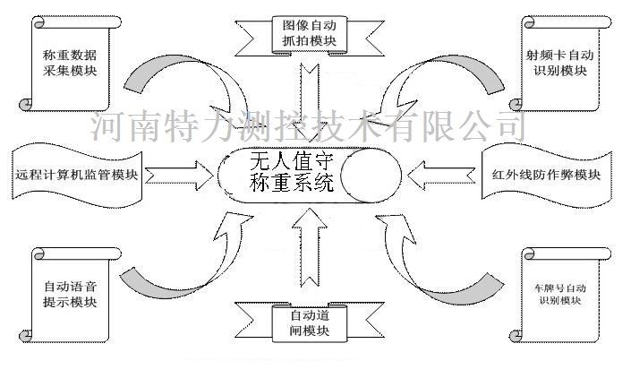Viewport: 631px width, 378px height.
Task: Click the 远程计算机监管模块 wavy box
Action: (76, 176)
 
